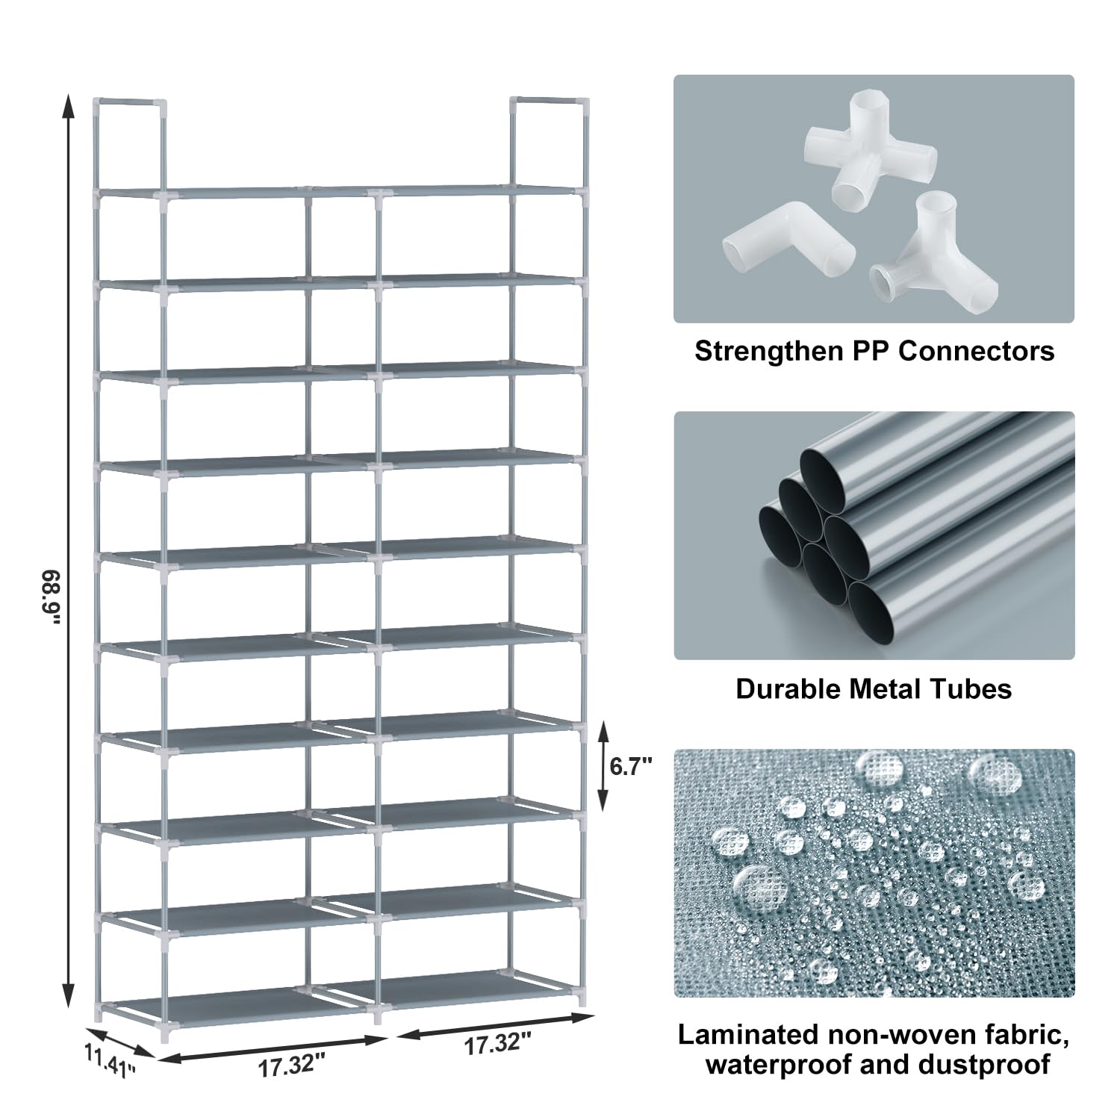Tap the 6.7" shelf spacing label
[x=632, y=766]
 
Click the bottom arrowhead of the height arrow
[x=68, y=996]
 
